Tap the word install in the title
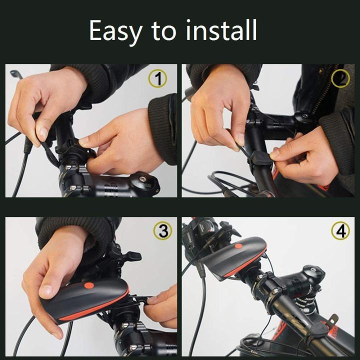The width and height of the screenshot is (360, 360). (221, 31)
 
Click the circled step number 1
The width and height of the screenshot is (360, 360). (158, 78)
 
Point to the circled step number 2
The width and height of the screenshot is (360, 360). (341, 78)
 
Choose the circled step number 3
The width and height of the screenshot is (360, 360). (163, 231)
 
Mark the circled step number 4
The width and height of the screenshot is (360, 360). (340, 231)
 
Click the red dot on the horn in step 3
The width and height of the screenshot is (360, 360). (89, 285)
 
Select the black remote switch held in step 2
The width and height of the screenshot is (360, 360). (260, 157)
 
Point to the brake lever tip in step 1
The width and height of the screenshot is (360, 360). (14, 73)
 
